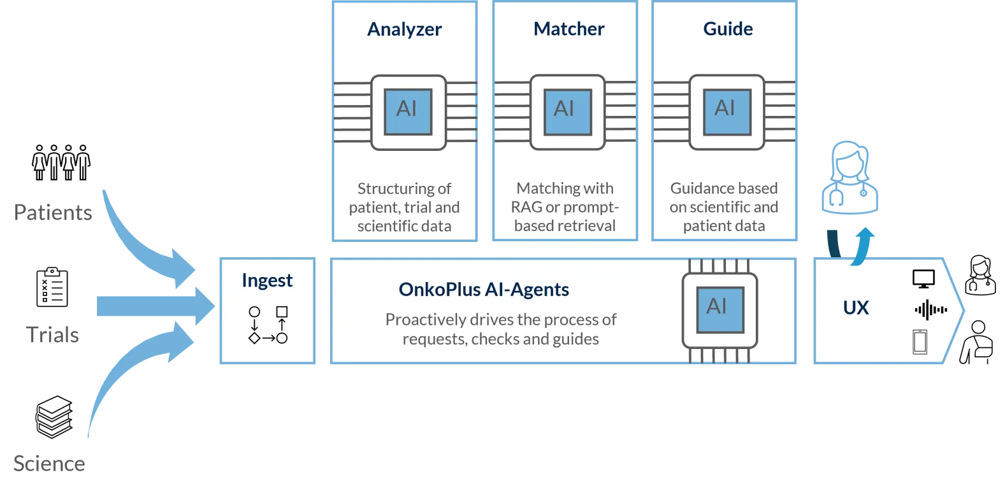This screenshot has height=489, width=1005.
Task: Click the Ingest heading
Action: pos(267,280)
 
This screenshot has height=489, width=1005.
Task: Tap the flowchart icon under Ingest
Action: pos(268,325)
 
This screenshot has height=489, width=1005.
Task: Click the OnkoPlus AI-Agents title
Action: pos(484,289)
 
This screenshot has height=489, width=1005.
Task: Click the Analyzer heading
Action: pos(405,30)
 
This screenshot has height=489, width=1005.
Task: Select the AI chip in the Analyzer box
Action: pos(408,111)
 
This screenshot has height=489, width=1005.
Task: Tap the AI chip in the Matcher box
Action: pos(567,111)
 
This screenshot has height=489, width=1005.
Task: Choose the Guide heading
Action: pos(728,29)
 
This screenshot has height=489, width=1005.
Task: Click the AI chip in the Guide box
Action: pos(726,111)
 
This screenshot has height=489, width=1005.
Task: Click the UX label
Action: pos(855,308)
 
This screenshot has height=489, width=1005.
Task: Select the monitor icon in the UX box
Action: pos(923,279)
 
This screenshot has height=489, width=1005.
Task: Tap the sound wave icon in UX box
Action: pos(930,310)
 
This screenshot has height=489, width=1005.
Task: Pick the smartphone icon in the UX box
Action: pos(920,342)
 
